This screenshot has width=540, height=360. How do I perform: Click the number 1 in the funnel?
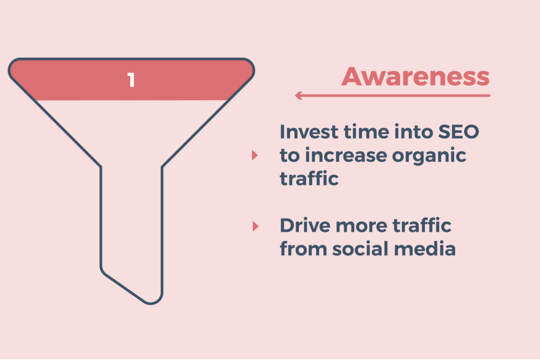(131, 80)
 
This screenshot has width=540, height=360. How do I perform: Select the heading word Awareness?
(416, 77)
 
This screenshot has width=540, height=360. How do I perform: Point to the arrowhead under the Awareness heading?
(298, 95)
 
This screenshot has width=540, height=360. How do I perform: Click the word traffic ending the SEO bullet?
(308, 178)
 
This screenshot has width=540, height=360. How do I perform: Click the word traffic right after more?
(422, 225)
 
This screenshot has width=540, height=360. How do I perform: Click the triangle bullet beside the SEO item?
(255, 155)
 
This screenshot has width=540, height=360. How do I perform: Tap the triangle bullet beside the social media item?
(255, 226)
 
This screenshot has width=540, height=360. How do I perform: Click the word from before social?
(302, 248)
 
